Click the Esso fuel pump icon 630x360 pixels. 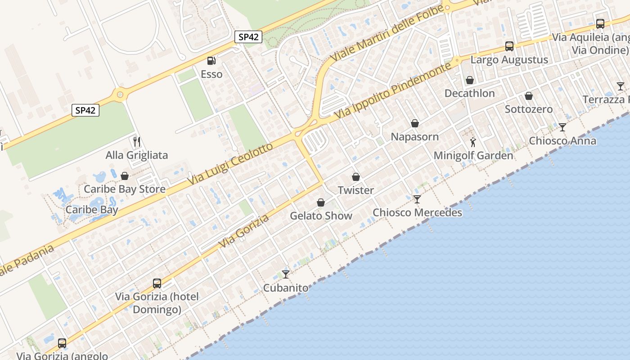pyautogui.click(x=211, y=61)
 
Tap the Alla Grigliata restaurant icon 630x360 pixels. pyautogui.click(x=137, y=142)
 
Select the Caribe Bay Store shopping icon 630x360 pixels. pyautogui.click(x=125, y=175)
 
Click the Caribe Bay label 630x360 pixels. pyautogui.click(x=92, y=210)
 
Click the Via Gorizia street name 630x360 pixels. pyautogui.click(x=244, y=231)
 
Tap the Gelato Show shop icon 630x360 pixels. pyautogui.click(x=321, y=202)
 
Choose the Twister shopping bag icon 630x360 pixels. pyautogui.click(x=356, y=177)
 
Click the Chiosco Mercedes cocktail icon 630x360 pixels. pyautogui.click(x=417, y=199)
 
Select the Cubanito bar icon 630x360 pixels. pyautogui.click(x=286, y=274)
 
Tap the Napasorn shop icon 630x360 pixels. pyautogui.click(x=415, y=123)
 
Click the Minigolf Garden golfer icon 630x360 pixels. pyautogui.click(x=473, y=142)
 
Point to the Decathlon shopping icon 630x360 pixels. pyautogui.click(x=470, y=80)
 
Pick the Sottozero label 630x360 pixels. pyautogui.click(x=528, y=109)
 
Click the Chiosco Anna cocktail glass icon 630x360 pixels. pyautogui.click(x=562, y=127)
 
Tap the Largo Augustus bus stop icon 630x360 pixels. pyautogui.click(x=509, y=46)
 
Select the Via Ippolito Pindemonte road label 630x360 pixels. pyautogui.click(x=392, y=91)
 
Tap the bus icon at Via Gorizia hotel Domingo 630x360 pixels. pyautogui.click(x=157, y=283)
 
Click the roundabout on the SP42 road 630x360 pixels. pyautogui.click(x=120, y=94)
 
